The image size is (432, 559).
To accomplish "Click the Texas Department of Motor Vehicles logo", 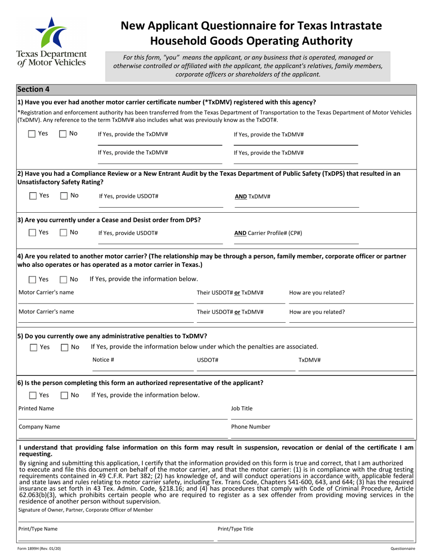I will pyautogui.click(x=50, y=41).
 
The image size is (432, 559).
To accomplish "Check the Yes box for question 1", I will pyautogui.click(x=32, y=134).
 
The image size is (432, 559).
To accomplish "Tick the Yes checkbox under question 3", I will pyautogui.click(x=32, y=233).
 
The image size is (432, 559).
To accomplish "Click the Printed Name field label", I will pyautogui.click(x=36, y=409).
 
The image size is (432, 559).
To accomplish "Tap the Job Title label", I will pyautogui.click(x=241, y=409).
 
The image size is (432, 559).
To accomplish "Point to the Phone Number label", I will pyautogui.click(x=251, y=427).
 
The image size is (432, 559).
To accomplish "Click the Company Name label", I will pyautogui.click(x=39, y=427).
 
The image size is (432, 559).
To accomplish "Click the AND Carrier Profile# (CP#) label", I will pyautogui.click(x=268, y=233).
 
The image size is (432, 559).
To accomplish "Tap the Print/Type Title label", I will pyautogui.click(x=236, y=529).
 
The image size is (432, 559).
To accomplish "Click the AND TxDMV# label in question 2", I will pyautogui.click(x=252, y=196).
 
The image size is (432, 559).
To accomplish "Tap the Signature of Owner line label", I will pyautogui.click(x=85, y=510).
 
